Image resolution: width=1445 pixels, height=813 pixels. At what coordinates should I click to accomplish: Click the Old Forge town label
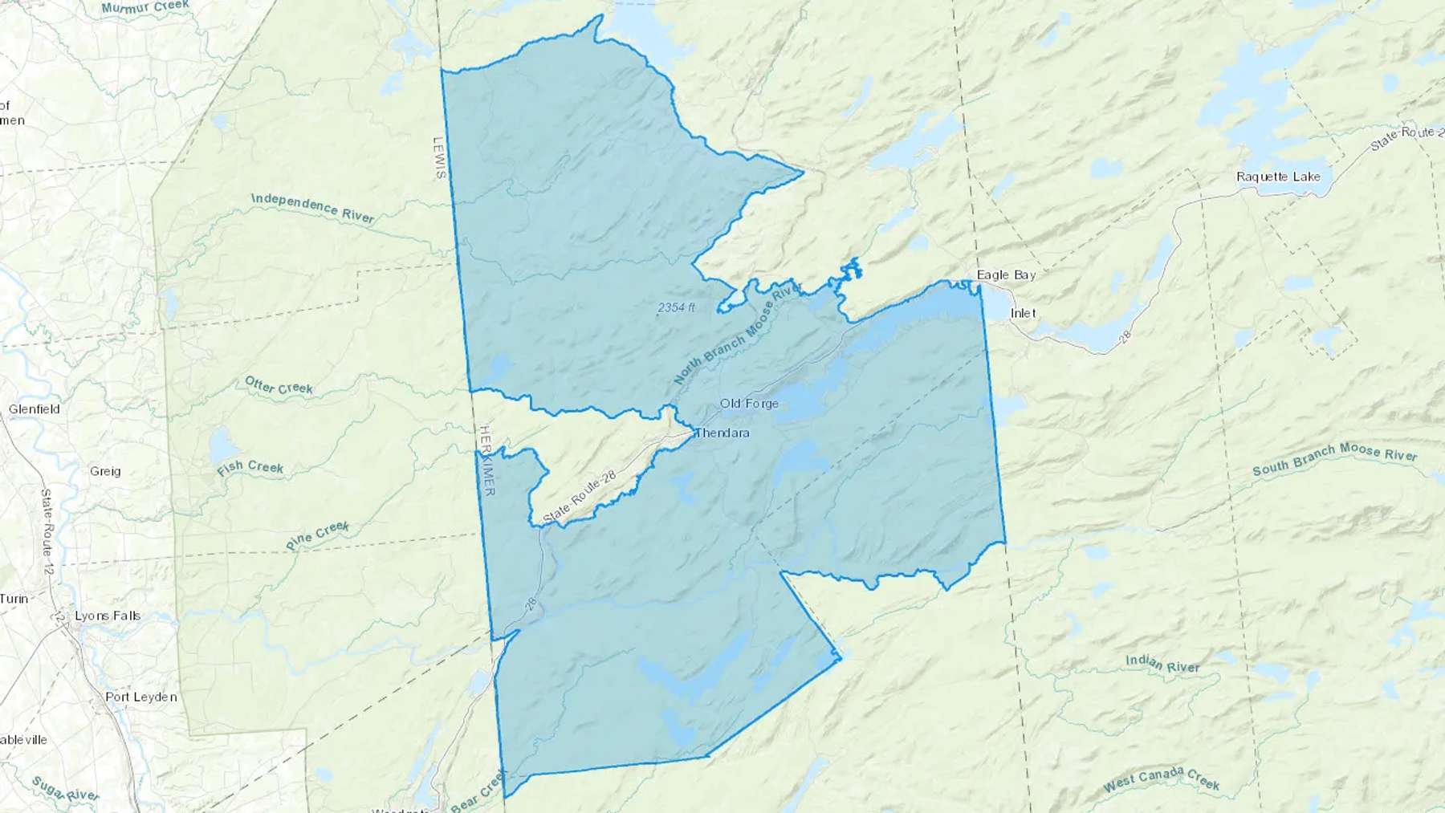click(x=749, y=404)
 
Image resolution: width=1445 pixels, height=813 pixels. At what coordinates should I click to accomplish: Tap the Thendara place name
click(x=722, y=433)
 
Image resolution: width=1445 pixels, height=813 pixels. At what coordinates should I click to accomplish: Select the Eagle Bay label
click(x=1006, y=275)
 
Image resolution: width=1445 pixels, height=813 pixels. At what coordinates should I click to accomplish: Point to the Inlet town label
click(x=1023, y=313)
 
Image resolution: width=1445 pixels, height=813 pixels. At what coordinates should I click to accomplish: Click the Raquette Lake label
click(x=1278, y=177)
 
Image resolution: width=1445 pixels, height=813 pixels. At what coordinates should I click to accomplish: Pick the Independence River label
click(x=312, y=208)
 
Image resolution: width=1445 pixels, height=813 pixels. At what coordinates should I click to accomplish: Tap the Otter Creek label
click(x=279, y=386)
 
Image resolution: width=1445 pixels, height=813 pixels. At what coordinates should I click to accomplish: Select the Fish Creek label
click(x=250, y=468)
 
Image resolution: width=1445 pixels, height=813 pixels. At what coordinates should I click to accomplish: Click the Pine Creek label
click(x=318, y=535)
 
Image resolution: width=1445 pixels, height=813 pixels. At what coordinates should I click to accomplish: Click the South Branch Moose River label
click(x=1334, y=459)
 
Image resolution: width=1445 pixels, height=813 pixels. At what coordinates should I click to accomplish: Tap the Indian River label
click(x=1162, y=664)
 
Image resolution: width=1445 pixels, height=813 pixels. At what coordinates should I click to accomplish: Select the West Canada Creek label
click(x=1161, y=779)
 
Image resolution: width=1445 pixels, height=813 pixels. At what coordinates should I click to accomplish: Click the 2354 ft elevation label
click(x=676, y=308)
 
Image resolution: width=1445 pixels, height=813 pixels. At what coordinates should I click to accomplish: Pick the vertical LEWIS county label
click(x=439, y=158)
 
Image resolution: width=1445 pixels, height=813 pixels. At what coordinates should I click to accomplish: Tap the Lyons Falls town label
click(x=108, y=616)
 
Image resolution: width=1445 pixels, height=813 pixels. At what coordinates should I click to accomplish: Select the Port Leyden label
click(x=141, y=697)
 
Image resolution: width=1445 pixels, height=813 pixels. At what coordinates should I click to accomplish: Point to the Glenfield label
click(x=35, y=409)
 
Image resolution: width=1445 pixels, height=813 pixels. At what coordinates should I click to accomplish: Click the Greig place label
click(x=105, y=471)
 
